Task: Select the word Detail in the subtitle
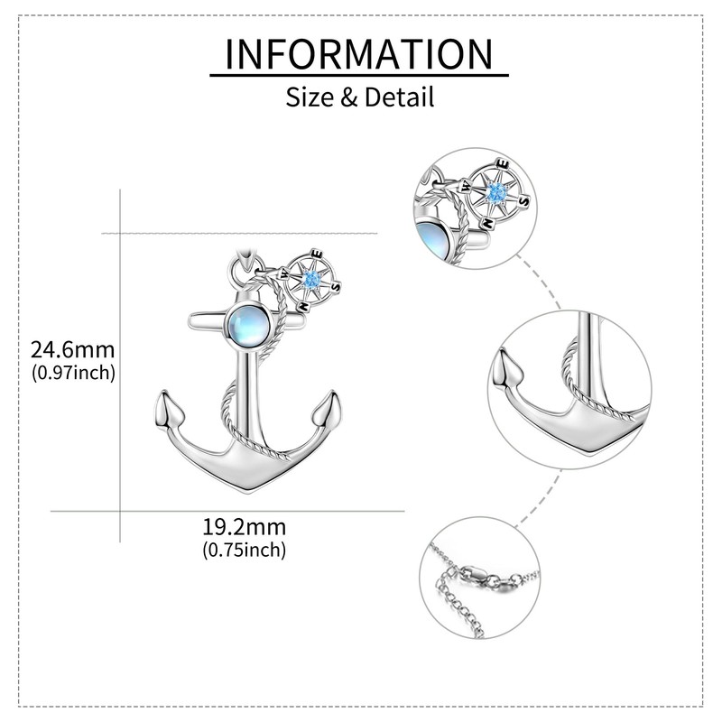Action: tap(400, 96)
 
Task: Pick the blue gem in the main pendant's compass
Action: tap(312, 282)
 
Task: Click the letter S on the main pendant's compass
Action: tap(337, 287)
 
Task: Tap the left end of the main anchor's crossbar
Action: tap(192, 322)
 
